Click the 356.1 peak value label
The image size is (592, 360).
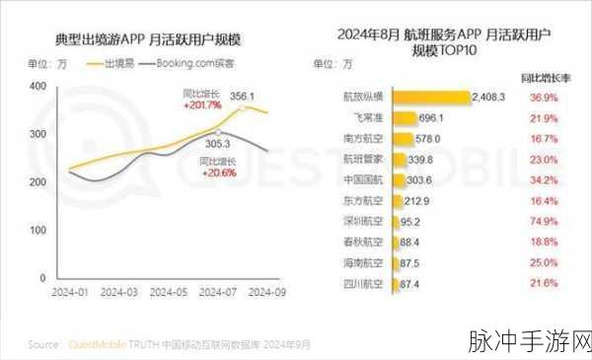click(243, 97)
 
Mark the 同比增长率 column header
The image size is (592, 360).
click(541, 76)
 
